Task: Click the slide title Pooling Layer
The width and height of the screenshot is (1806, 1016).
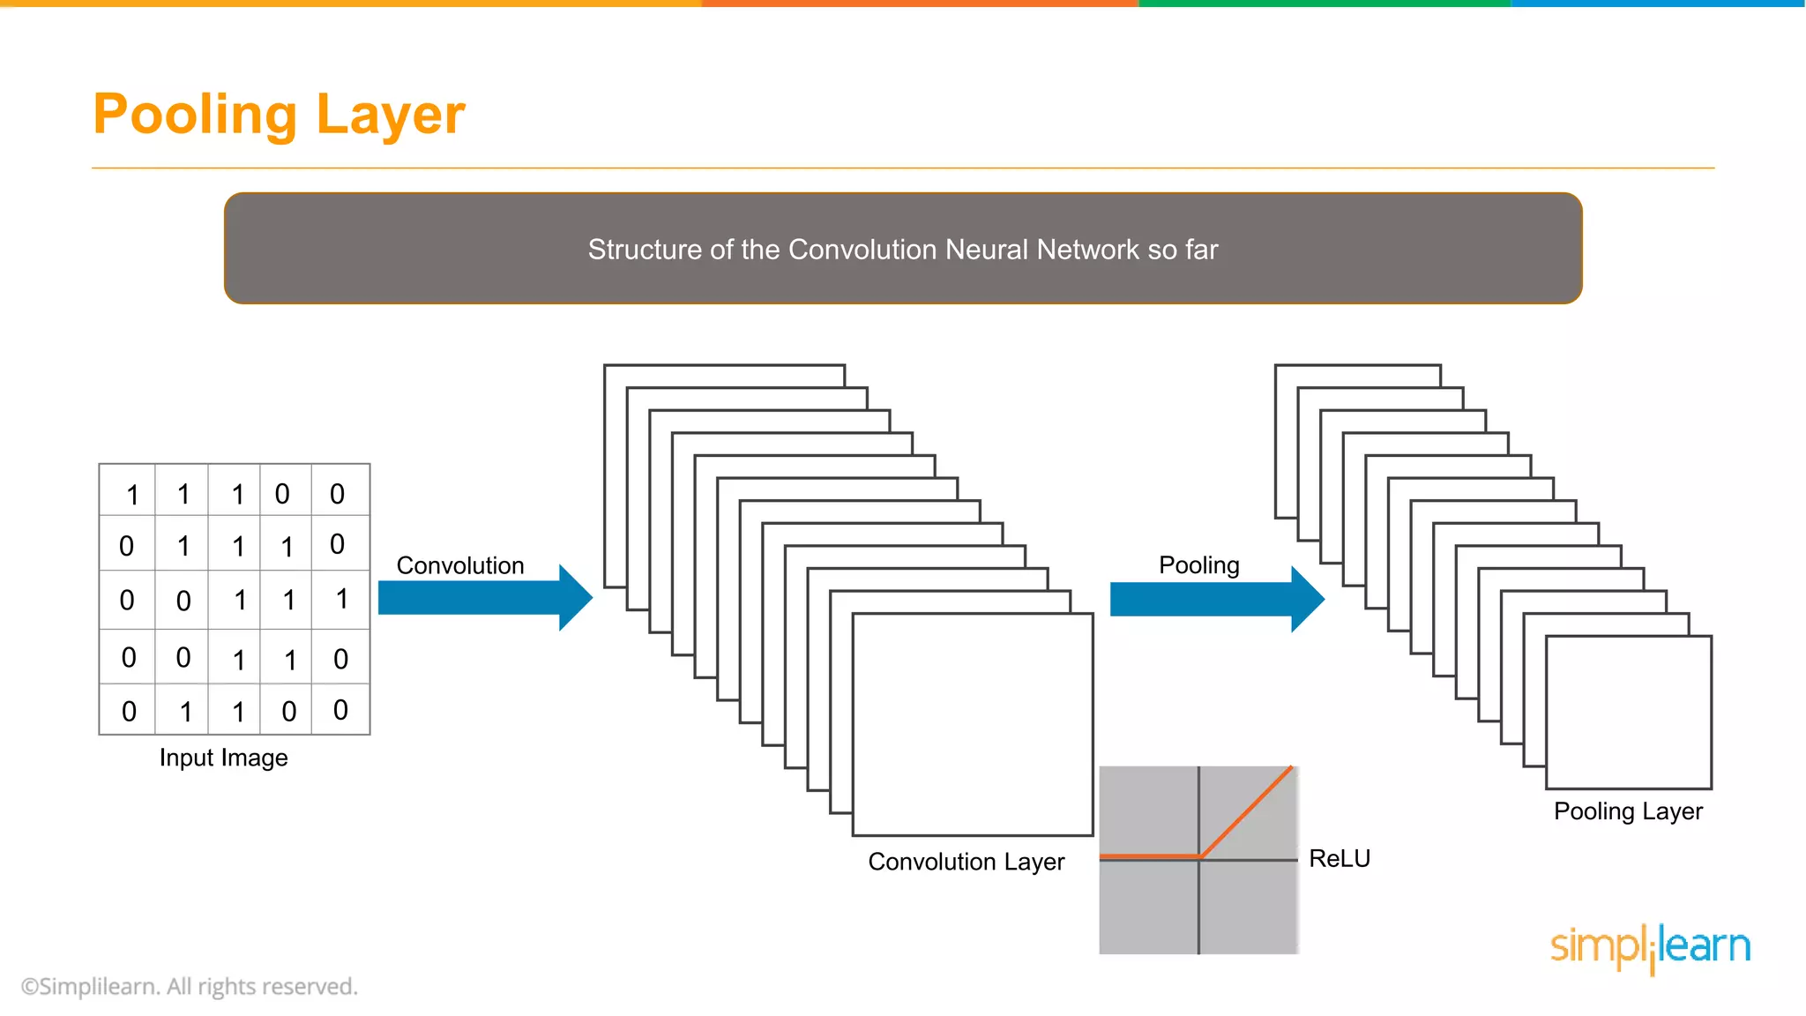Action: [x=279, y=115]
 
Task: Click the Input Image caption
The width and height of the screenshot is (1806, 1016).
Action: [x=223, y=758]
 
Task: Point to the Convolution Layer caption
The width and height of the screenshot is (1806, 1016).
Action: [x=966, y=862]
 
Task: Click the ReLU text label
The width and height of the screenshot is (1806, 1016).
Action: [x=1339, y=858]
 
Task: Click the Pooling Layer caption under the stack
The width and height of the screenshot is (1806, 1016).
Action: [x=1627, y=811]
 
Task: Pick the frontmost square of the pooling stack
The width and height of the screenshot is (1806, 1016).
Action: [x=1628, y=713]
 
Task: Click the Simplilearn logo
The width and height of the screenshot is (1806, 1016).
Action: [x=1650, y=947]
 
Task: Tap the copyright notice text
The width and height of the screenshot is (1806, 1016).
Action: [x=190, y=986]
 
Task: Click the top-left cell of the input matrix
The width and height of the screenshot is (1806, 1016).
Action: [x=129, y=491]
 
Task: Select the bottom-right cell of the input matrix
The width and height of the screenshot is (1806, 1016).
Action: [x=340, y=710]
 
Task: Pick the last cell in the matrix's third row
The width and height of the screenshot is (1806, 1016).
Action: [x=340, y=600]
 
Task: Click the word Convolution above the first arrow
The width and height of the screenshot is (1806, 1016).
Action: [x=460, y=565]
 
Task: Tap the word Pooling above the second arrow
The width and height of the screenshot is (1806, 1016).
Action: [x=1198, y=565]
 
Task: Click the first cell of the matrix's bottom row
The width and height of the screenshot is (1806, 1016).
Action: [x=129, y=710]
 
